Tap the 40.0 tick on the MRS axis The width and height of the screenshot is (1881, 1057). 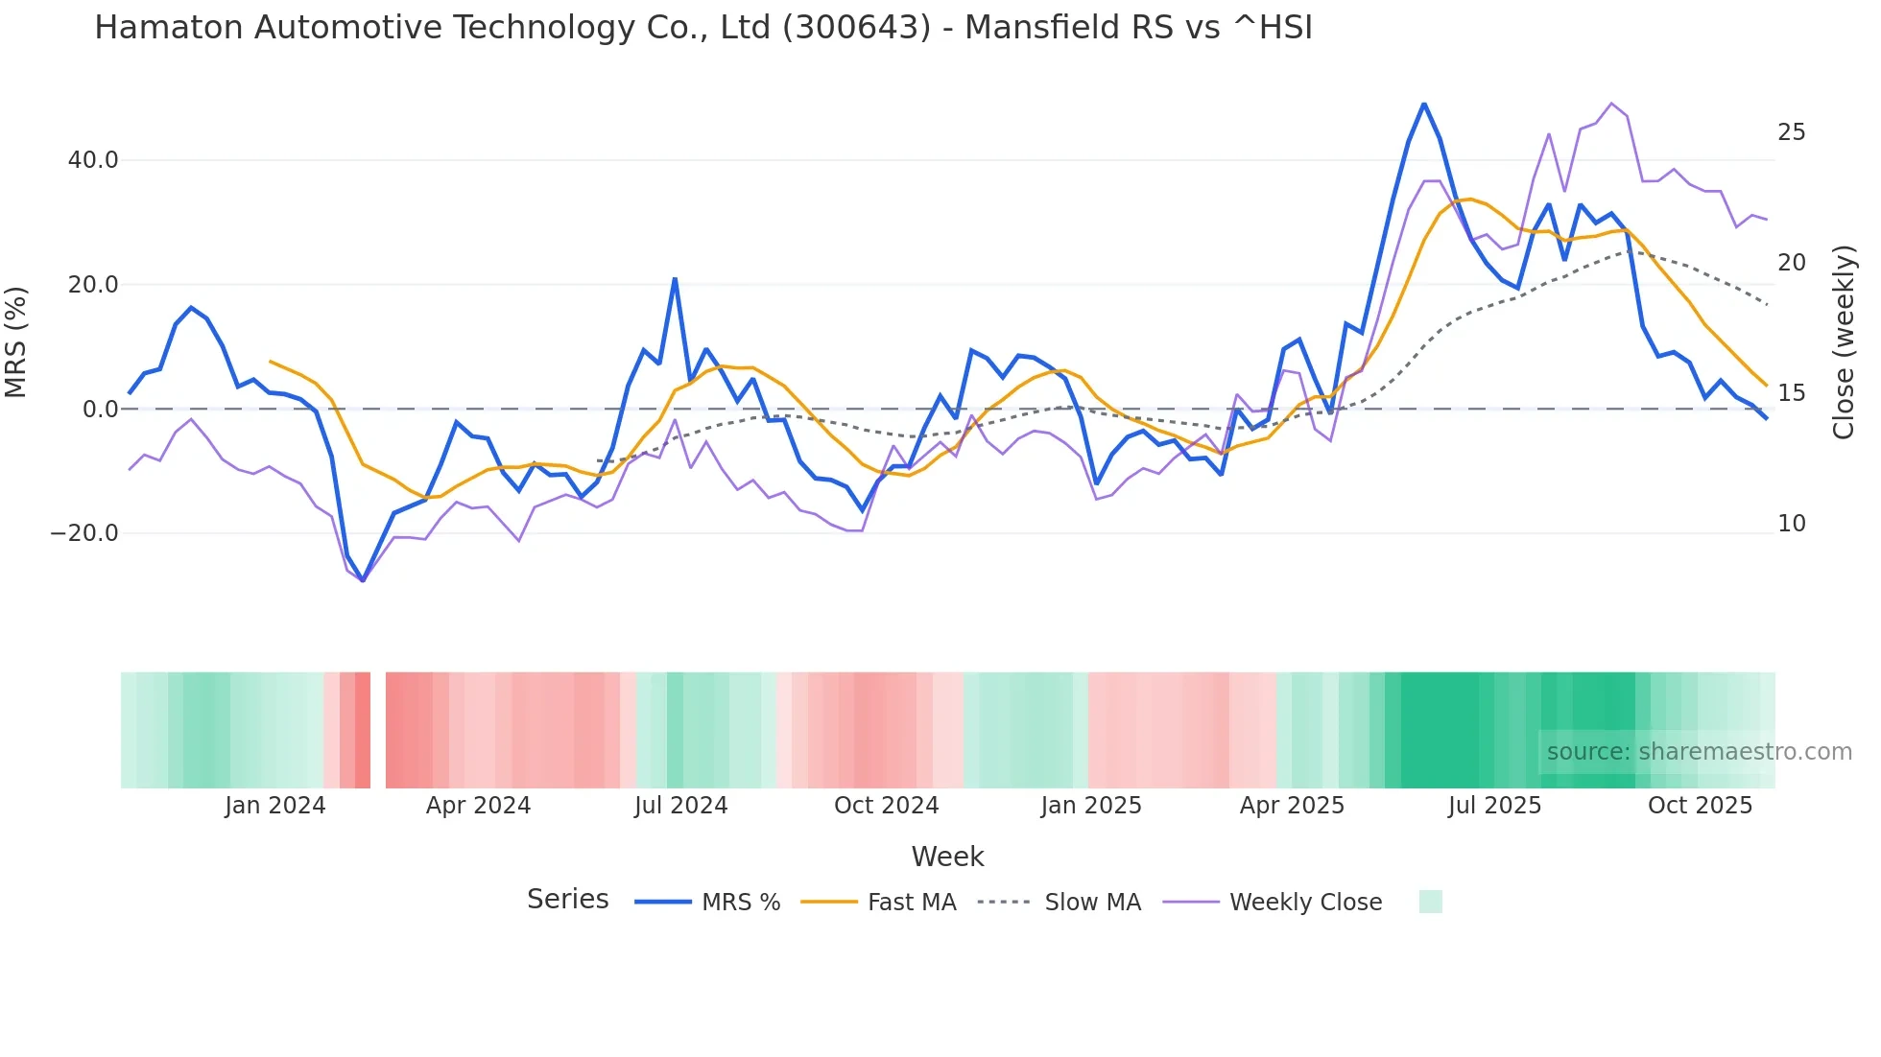(93, 160)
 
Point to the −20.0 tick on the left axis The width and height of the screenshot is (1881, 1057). (84, 533)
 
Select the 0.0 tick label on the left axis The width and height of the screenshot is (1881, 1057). (101, 410)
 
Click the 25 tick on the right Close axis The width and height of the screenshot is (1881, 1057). (1791, 132)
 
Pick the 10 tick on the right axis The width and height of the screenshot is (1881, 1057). (1791, 524)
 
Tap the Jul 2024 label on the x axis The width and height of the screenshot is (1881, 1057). (680, 806)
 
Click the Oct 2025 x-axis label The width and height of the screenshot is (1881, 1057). (1700, 806)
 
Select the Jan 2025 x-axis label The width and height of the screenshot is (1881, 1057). (1091, 806)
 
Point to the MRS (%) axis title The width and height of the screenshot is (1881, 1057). (16, 342)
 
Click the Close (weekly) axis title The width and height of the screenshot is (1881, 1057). (1844, 342)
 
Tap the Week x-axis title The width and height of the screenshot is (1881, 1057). (947, 857)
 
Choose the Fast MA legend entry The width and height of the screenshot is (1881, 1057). (911, 903)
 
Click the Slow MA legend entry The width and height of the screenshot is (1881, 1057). (1092, 903)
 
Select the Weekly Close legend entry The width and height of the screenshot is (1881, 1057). (1305, 903)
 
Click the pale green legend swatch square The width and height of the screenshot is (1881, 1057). (1430, 902)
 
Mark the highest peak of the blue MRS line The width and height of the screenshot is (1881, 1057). (1424, 104)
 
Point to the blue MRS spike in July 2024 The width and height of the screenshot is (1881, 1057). (675, 279)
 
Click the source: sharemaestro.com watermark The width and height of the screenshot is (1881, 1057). (1699, 752)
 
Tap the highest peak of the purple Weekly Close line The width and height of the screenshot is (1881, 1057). (1611, 104)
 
